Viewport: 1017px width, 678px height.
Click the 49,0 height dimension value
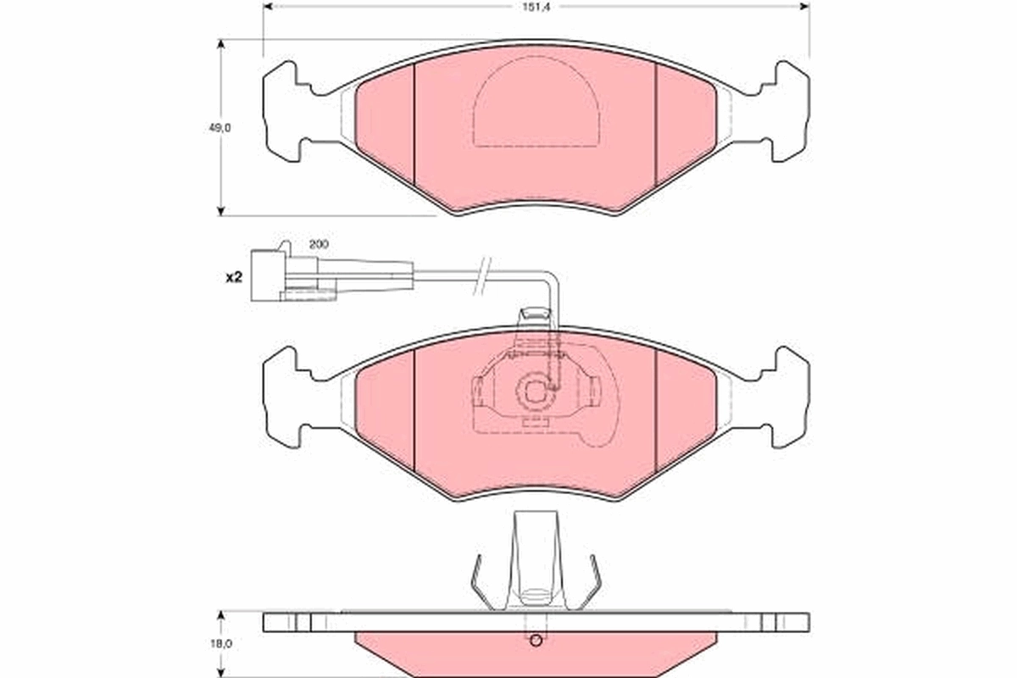[220, 128]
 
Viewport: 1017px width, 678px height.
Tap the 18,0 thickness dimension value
[220, 644]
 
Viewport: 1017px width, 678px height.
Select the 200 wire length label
[319, 244]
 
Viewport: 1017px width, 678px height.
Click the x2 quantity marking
[234, 277]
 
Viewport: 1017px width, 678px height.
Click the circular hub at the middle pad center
[536, 392]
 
